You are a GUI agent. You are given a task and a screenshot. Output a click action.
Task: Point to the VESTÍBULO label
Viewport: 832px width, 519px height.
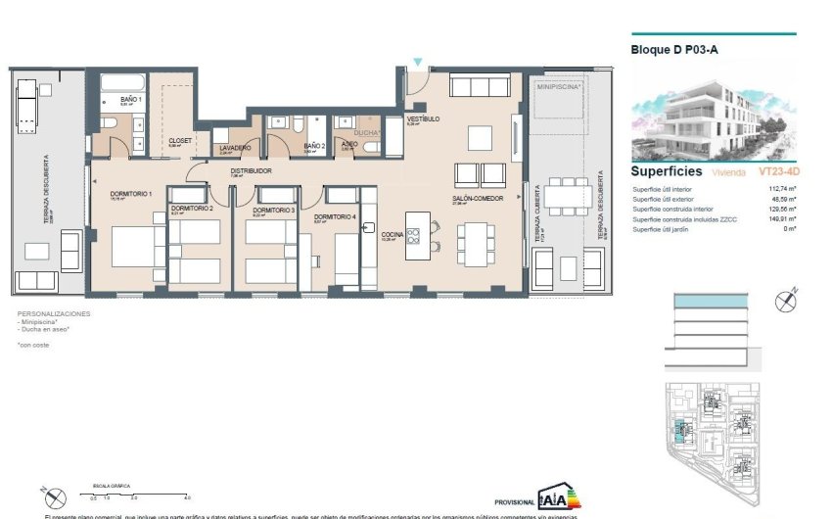tap(423, 119)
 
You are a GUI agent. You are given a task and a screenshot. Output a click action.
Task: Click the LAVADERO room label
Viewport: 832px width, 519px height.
tap(235, 148)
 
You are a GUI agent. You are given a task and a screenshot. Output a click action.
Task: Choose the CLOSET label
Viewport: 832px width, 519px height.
tap(180, 140)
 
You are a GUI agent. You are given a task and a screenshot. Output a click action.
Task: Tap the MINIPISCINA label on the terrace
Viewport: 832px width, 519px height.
tap(558, 87)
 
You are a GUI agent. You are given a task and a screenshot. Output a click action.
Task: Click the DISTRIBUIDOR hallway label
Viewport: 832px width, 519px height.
tap(251, 170)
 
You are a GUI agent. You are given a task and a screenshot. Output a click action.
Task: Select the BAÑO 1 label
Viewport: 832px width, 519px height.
tap(131, 99)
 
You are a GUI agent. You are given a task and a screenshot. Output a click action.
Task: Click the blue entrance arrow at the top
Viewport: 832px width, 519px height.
tap(418, 64)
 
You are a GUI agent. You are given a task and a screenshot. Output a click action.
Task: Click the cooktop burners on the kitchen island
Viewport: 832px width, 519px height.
tap(414, 235)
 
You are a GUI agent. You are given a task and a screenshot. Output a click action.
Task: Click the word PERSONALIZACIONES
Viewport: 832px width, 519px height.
tap(54, 313)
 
